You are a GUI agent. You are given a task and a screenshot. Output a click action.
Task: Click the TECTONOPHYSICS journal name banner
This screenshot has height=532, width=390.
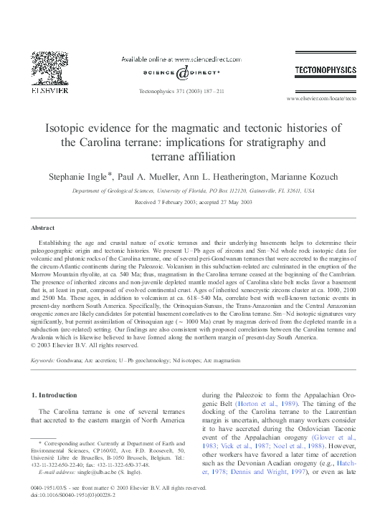pyautogui.click(x=325, y=69)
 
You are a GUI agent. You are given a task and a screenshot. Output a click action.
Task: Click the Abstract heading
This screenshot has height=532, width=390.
pyautogui.click(x=42, y=228)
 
